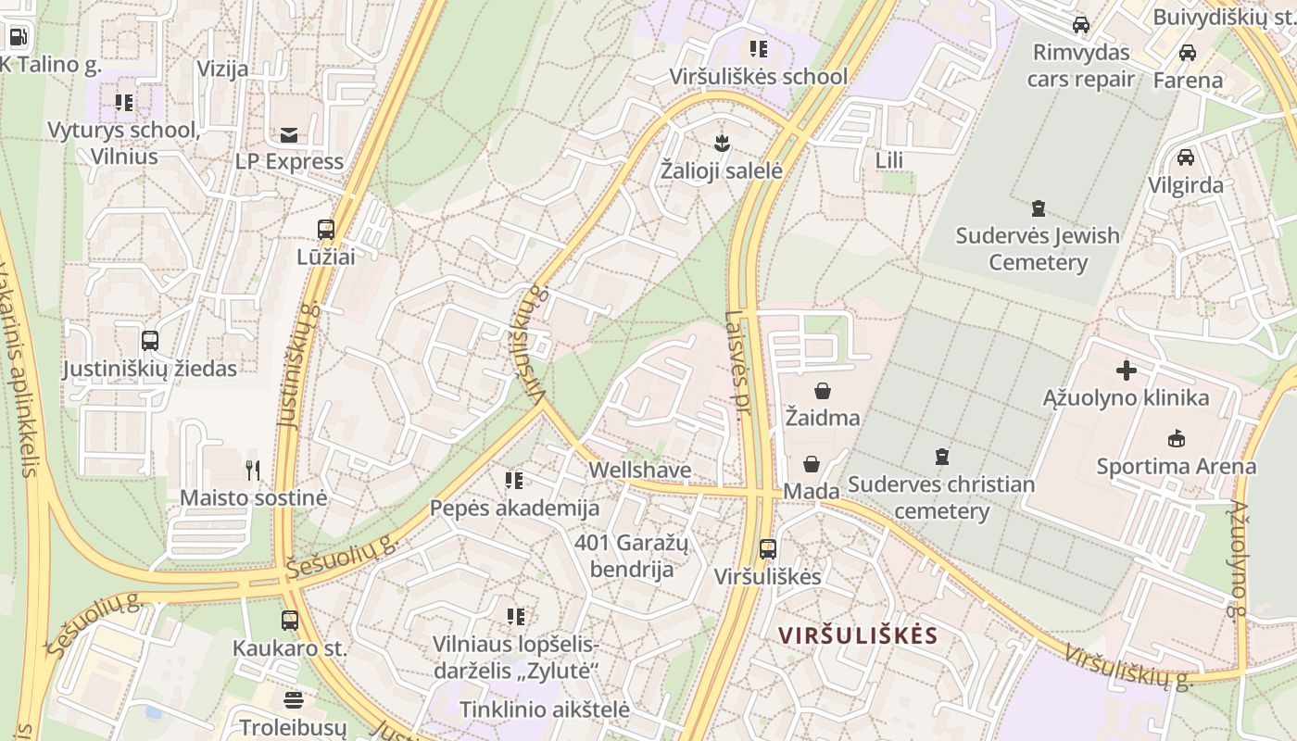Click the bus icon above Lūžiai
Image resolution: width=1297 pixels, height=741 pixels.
coord(325,229)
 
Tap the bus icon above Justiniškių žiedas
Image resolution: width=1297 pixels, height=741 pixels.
coord(150,341)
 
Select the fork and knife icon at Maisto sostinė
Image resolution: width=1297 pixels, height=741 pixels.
coord(253,471)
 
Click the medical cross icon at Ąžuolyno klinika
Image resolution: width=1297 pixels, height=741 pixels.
coord(1126,370)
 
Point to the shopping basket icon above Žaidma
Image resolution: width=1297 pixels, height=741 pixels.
coord(822,391)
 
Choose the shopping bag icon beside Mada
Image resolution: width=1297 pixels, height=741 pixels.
coord(811,463)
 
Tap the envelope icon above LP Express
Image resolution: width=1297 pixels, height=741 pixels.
coord(289,135)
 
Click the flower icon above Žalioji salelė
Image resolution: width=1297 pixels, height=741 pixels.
coord(722,144)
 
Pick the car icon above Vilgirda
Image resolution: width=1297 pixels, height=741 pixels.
coord(1185,157)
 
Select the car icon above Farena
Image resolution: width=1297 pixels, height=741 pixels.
coord(1187,53)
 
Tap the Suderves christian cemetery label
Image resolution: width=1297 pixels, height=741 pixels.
coord(941,497)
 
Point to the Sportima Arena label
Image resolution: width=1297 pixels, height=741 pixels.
coord(1176,466)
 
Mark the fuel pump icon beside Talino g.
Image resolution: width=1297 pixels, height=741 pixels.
coord(18,37)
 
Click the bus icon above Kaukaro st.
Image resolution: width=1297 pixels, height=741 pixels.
coord(290,621)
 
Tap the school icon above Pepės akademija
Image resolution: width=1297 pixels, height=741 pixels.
coord(514,480)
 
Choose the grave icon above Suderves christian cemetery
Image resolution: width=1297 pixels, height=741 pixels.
coord(942,456)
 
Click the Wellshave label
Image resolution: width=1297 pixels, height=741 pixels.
coord(640,471)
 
